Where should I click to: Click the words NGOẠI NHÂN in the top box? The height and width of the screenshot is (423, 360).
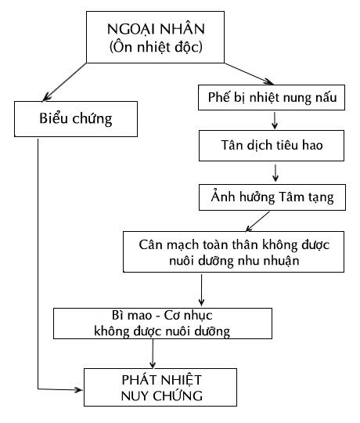(156, 29)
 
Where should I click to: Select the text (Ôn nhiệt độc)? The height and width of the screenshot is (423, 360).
(156, 47)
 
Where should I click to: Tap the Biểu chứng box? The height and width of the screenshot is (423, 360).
(76, 119)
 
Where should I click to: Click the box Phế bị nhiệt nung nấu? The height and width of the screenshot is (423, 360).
(272, 97)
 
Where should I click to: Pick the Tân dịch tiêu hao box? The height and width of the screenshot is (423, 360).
(272, 146)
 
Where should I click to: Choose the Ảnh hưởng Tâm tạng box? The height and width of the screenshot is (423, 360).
(272, 197)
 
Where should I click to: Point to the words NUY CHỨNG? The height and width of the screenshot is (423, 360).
(162, 396)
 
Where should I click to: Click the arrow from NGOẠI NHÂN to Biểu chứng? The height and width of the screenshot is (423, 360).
(64, 82)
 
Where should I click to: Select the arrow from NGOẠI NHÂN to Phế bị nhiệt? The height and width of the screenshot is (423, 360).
(249, 74)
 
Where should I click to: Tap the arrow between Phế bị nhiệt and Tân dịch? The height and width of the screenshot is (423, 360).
(275, 121)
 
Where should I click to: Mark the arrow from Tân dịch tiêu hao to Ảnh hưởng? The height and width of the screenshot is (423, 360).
(275, 173)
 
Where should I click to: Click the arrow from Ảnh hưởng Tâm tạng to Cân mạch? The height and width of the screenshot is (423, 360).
(257, 221)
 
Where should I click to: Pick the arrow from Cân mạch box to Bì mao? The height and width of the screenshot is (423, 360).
(201, 291)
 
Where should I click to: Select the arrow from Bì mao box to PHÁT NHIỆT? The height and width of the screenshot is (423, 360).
(153, 353)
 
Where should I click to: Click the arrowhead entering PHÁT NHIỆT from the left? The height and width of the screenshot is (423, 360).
(79, 389)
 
